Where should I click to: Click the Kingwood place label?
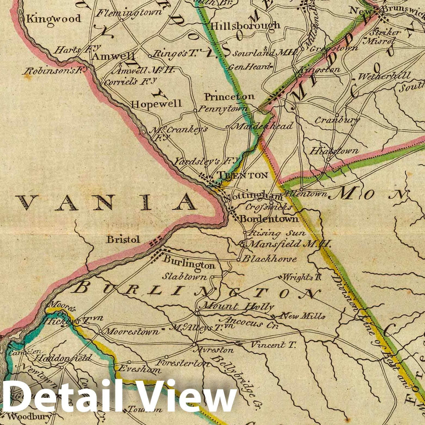(x=53, y=19)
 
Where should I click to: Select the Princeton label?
(x=230, y=96)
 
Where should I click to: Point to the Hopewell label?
(x=156, y=104)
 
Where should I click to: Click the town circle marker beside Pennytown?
(x=195, y=110)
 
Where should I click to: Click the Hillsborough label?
(x=245, y=26)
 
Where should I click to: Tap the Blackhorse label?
(x=269, y=258)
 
